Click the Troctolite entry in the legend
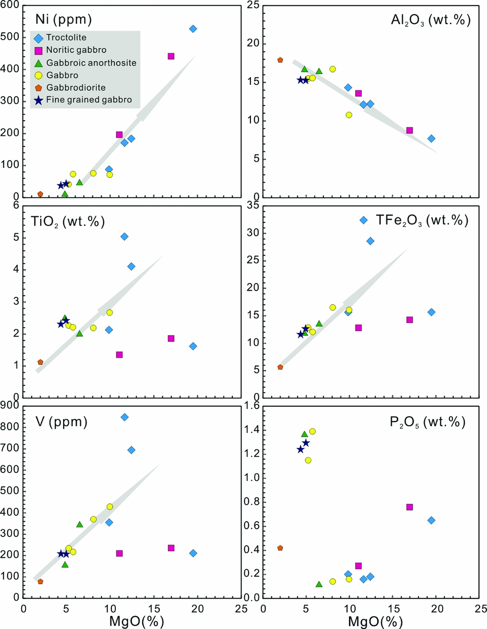[66, 38]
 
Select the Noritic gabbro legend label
[76, 50]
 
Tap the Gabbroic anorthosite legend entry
[91, 63]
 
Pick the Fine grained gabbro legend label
[89, 100]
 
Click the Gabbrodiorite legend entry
[75, 87]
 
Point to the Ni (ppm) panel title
[64, 19]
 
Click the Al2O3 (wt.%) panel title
[430, 20]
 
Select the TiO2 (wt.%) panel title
[68, 221]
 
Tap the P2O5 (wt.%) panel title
[428, 422]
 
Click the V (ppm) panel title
[62, 421]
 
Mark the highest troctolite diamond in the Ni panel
[193, 29]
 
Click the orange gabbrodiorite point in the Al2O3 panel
[280, 60]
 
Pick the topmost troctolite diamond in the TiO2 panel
[124, 236]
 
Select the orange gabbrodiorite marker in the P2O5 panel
[280, 548]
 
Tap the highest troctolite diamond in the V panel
[124, 417]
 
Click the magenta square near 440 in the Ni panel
[171, 56]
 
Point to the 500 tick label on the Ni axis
[10, 37]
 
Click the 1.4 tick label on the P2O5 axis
[252, 429]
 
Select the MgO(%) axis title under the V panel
[137, 621]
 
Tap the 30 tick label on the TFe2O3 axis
[253, 233]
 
